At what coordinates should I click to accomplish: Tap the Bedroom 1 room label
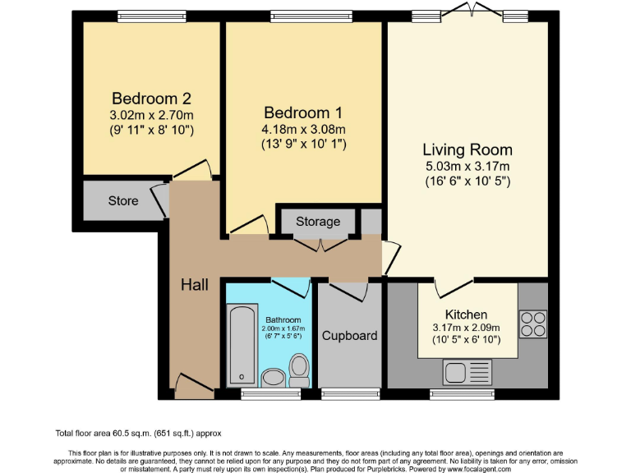tap(303, 113)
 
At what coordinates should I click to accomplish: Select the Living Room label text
tap(467, 149)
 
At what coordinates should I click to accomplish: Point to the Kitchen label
tap(466, 315)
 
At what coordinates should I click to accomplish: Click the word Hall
tap(194, 285)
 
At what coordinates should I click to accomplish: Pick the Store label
tap(123, 201)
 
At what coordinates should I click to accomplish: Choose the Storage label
tap(318, 222)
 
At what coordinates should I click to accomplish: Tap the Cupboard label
tap(349, 335)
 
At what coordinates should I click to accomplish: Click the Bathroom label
tap(283, 319)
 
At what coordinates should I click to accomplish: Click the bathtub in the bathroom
tap(241, 345)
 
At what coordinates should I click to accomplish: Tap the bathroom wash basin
tap(271, 377)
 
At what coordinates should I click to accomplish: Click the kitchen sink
tap(466, 372)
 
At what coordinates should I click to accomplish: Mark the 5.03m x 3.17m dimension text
tap(467, 167)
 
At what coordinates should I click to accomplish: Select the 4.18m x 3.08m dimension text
tap(303, 129)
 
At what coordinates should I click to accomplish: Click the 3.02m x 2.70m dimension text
tap(151, 115)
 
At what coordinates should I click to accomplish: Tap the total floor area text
tap(139, 433)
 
